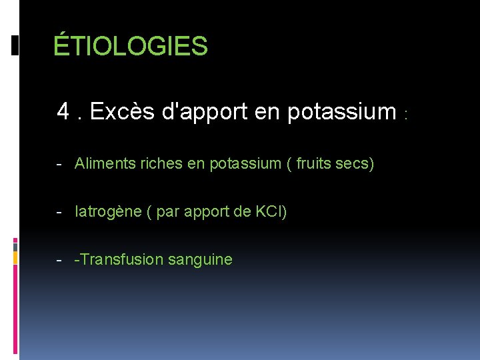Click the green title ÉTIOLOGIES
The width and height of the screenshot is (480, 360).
[131, 47]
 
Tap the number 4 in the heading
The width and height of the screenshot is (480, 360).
[64, 111]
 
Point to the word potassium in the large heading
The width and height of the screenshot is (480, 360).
[342, 111]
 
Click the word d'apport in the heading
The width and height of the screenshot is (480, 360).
[204, 111]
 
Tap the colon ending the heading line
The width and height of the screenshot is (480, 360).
[405, 115]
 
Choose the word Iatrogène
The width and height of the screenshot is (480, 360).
[108, 212]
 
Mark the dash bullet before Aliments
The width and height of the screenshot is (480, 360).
[60, 164]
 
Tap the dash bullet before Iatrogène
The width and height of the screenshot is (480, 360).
[60, 213]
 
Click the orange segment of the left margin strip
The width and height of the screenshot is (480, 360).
[15, 257]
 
